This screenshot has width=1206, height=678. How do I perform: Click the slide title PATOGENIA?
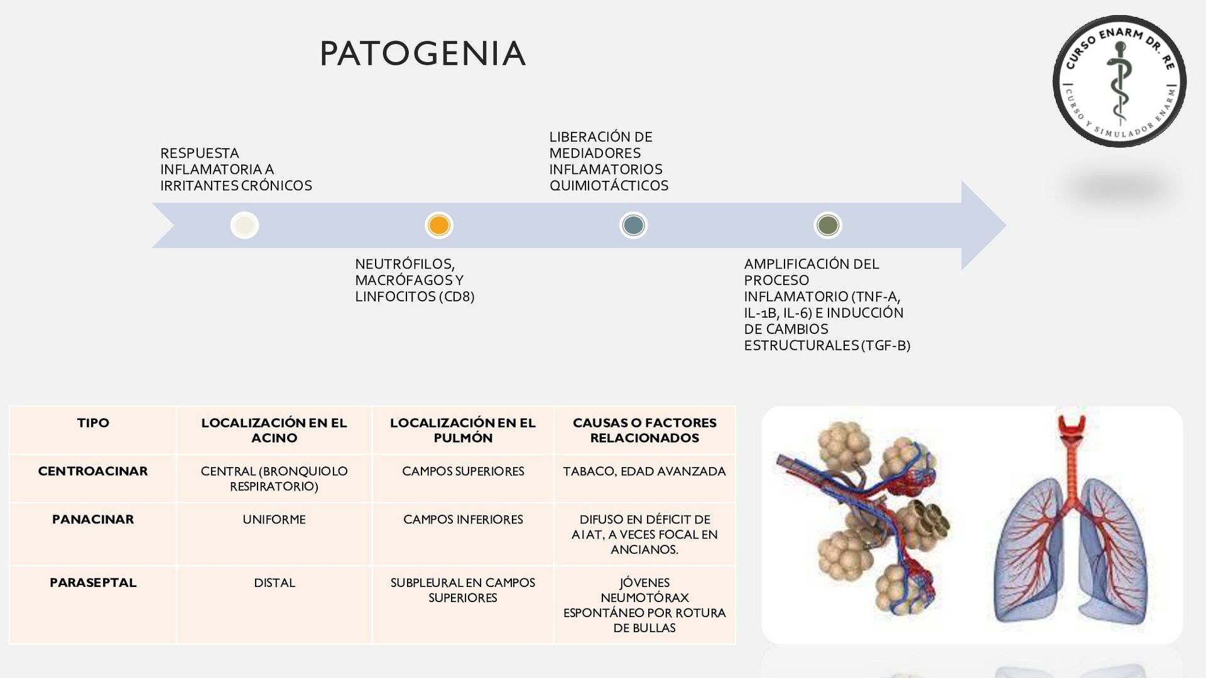pyautogui.click(x=422, y=53)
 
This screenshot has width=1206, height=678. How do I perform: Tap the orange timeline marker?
pyautogui.click(x=438, y=225)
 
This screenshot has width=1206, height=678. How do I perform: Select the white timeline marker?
pyautogui.click(x=244, y=225)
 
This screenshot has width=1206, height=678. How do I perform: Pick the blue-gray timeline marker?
pyautogui.click(x=633, y=225)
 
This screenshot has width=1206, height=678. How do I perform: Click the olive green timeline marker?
pyautogui.click(x=827, y=225)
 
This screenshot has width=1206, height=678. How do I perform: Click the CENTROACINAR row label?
pyautogui.click(x=93, y=471)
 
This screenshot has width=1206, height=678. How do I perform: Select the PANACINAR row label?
pyautogui.click(x=93, y=520)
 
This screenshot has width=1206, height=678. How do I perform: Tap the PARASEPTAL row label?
pyautogui.click(x=93, y=583)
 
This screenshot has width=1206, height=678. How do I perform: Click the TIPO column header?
pyautogui.click(x=93, y=423)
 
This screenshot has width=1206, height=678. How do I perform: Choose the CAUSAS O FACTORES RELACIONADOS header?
pyautogui.click(x=644, y=431)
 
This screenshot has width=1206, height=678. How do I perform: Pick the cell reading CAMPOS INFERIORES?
pyautogui.click(x=463, y=520)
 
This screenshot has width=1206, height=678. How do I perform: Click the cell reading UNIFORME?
pyautogui.click(x=274, y=520)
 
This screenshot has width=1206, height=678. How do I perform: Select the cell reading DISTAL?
pyautogui.click(x=274, y=583)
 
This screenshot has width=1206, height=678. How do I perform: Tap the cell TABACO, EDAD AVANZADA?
pyautogui.click(x=644, y=471)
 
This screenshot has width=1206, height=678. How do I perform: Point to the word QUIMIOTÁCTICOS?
pyautogui.click(x=609, y=186)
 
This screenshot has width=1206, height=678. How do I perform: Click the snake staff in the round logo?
pyautogui.click(x=1119, y=82)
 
